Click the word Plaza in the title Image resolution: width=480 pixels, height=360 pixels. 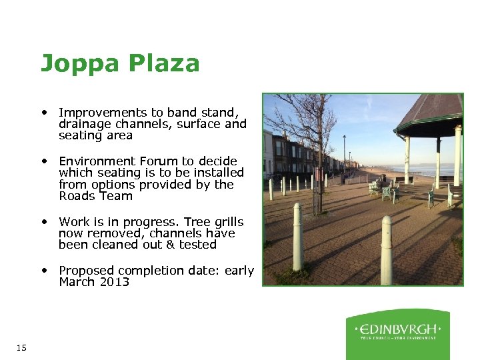(x=165, y=63)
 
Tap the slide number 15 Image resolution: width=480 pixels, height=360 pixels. (x=21, y=347)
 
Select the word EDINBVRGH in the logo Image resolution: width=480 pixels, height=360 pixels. (x=397, y=329)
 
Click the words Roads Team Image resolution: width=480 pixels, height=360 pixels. (x=95, y=196)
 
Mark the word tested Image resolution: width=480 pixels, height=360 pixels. (x=198, y=245)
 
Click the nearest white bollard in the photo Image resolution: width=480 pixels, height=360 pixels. (x=386, y=250)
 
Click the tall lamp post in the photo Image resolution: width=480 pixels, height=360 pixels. (x=345, y=157)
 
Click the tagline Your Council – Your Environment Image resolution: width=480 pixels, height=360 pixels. (x=398, y=338)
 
